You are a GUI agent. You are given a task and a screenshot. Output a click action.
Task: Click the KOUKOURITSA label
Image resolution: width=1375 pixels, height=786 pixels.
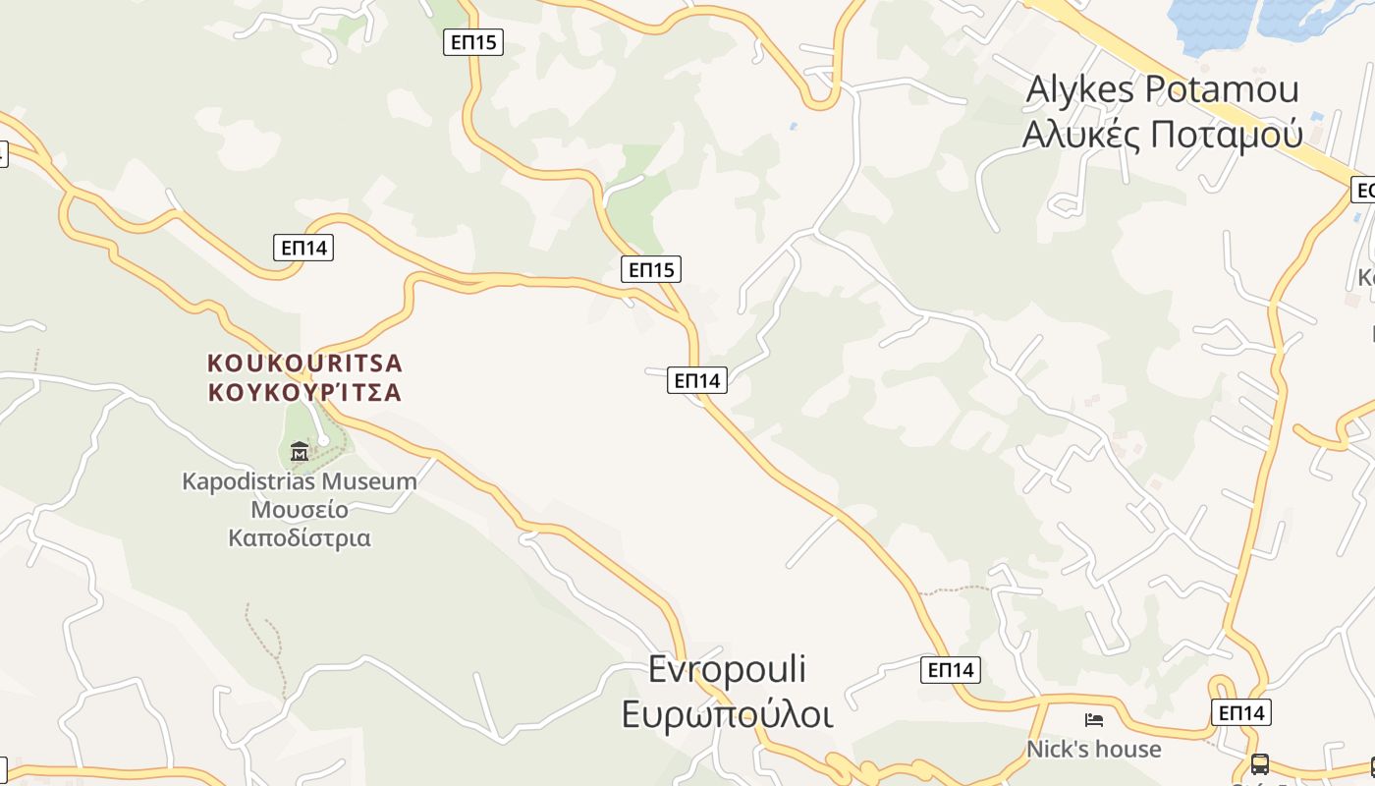point(304,364)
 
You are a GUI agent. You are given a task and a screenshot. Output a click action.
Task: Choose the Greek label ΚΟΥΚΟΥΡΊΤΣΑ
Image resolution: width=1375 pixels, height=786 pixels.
point(304,392)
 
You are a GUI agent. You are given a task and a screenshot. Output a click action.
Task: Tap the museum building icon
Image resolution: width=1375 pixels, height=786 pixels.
point(300,451)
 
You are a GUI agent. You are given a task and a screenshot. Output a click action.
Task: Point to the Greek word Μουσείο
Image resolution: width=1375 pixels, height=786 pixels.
point(300,510)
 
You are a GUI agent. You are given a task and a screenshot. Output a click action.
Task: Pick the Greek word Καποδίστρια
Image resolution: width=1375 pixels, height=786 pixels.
point(300,538)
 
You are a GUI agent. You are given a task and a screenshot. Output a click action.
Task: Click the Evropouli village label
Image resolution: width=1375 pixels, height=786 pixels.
point(727,669)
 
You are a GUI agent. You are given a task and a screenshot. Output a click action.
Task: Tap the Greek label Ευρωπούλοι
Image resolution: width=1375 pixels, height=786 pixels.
point(727,714)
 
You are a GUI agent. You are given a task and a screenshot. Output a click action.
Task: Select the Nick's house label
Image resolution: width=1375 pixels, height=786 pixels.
point(1093,750)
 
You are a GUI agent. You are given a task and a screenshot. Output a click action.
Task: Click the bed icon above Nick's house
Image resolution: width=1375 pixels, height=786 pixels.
point(1093,720)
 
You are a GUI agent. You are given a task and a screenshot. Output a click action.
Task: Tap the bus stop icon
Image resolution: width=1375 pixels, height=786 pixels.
point(1259,763)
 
